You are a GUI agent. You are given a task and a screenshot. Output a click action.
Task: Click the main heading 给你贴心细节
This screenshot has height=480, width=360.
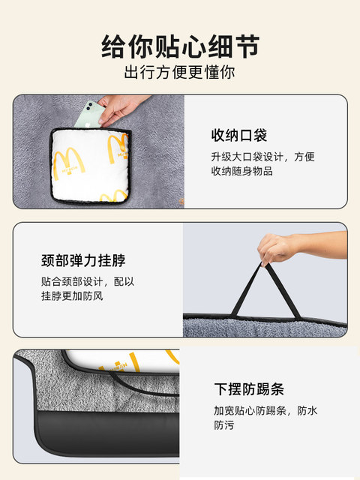click(x=180, y=46)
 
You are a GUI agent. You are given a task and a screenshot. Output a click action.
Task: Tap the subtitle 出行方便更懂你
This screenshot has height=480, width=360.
click(x=180, y=72)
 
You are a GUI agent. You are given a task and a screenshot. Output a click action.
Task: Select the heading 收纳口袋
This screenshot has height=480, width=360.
click(x=239, y=135)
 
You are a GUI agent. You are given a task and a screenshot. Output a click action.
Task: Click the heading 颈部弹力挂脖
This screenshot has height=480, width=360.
click(x=83, y=260)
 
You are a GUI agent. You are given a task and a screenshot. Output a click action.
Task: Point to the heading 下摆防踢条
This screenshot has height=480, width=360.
click(x=249, y=389)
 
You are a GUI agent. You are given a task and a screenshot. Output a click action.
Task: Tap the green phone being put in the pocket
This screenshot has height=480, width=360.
click(x=89, y=115)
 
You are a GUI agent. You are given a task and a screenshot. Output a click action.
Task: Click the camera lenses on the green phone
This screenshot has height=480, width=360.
click(x=89, y=106)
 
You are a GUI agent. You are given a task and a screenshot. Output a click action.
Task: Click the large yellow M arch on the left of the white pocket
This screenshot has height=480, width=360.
click(x=68, y=163)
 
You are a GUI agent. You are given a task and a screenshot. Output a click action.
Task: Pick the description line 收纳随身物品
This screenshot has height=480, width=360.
click(x=241, y=171)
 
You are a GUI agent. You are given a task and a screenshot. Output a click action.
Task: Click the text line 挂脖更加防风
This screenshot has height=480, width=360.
click(x=72, y=296)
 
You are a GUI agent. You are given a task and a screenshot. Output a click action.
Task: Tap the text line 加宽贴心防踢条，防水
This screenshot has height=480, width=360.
click(x=265, y=411)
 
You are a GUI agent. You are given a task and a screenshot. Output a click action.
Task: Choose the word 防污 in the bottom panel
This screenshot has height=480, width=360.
click(x=224, y=425)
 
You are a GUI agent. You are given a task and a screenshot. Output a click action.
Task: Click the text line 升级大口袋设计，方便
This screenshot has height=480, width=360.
click(x=262, y=157)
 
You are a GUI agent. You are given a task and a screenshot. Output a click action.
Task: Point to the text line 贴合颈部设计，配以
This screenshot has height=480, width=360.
click(x=88, y=282)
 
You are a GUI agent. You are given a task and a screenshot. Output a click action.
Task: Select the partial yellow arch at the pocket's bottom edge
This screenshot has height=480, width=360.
click(x=114, y=196)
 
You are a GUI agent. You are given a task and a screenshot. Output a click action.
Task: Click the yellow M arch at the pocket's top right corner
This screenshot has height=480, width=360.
click(x=118, y=148)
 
